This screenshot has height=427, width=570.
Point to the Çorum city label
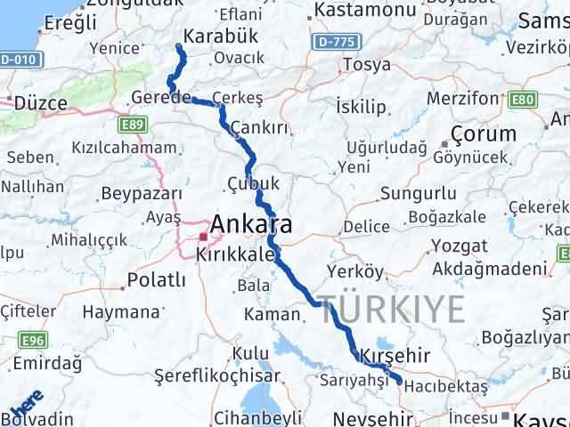484,133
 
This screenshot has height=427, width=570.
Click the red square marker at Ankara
203,238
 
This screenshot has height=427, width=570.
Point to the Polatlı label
157,280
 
